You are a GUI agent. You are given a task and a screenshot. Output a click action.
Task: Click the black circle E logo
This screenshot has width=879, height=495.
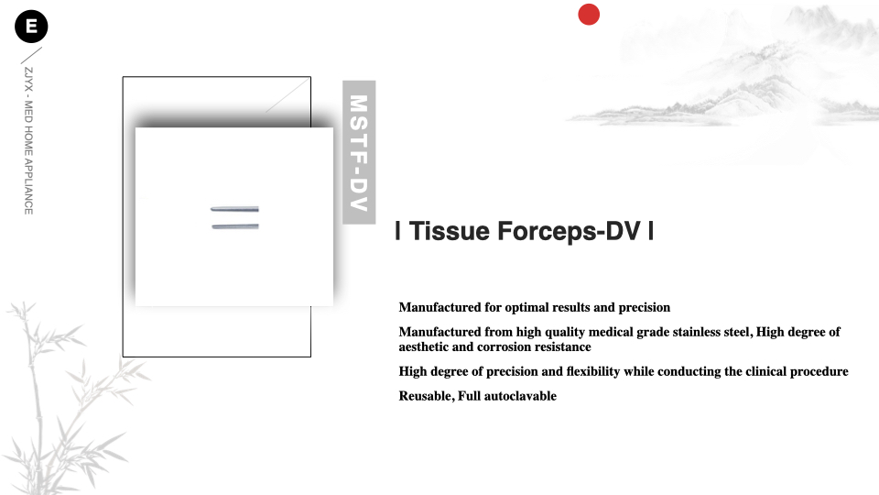click(31, 27)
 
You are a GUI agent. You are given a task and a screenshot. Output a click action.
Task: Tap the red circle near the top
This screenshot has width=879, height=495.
click(589, 15)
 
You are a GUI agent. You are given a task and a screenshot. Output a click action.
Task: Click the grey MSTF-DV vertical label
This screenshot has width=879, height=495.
click(359, 152)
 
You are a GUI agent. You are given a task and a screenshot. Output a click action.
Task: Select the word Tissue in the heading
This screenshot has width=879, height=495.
click(449, 231)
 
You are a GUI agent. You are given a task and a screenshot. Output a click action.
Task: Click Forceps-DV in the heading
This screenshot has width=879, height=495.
click(569, 231)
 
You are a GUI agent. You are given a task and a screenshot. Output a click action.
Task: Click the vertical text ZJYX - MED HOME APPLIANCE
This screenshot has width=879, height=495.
click(28, 141)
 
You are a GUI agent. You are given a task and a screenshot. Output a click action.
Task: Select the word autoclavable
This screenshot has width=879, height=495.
click(520, 396)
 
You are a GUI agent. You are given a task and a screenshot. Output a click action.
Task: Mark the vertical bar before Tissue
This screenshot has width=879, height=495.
click(398, 231)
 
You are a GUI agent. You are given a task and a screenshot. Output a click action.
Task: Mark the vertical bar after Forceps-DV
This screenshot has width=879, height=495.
click(651, 231)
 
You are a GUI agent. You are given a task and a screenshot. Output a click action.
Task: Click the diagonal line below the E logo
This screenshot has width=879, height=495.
click(31, 56)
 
